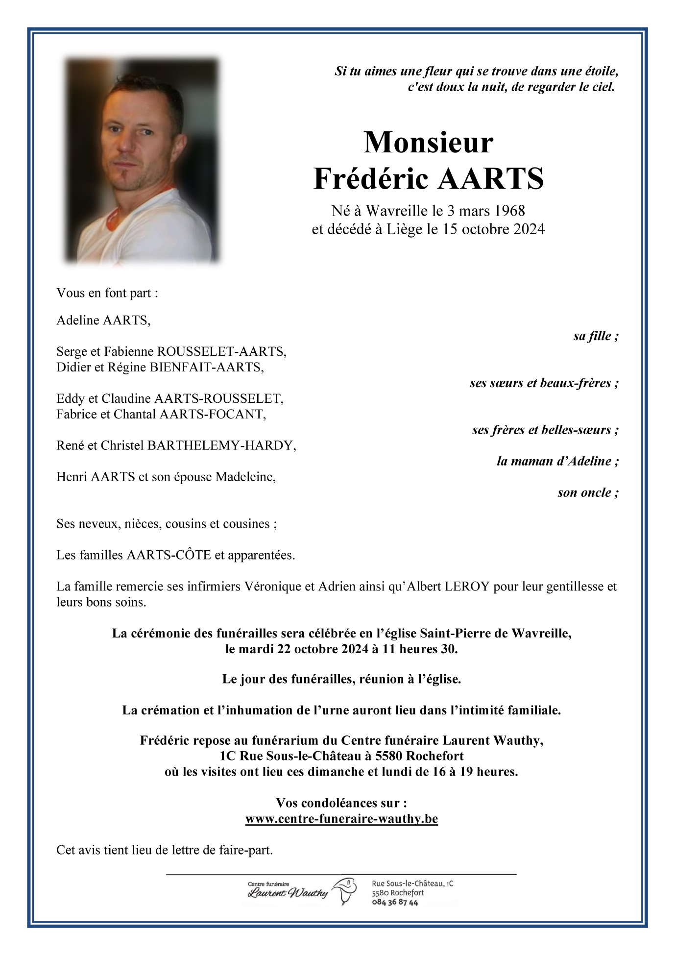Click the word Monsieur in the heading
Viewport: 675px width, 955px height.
point(429,143)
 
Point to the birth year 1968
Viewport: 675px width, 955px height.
point(509,211)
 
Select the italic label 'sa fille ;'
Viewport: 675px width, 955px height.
point(596,336)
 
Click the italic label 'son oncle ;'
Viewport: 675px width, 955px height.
point(588,492)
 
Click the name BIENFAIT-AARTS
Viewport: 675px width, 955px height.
point(206,367)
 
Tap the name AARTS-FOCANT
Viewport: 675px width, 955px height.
point(213,414)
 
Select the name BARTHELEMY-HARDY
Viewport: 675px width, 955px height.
point(221,445)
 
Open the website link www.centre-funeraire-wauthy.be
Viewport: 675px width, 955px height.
point(341,819)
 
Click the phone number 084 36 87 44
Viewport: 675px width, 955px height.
point(395,903)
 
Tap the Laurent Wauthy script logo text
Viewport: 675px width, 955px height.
point(288,893)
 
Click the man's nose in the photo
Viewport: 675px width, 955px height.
point(126,142)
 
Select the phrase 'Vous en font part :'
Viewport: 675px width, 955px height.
point(107,293)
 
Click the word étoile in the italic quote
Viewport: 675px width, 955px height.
point(601,72)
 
